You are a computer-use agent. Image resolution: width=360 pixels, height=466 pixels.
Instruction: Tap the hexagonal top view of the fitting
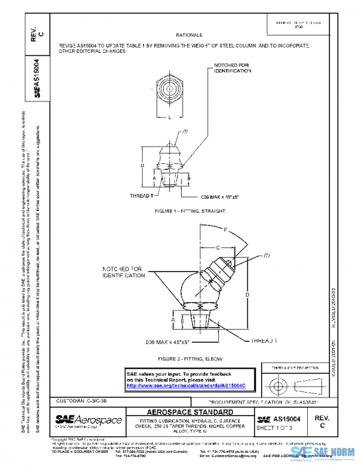click(x=170, y=92)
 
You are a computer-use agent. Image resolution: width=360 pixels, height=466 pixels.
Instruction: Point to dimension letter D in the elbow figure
click(x=247, y=295)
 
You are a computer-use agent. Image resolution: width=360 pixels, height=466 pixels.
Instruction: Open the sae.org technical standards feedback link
click(x=187, y=386)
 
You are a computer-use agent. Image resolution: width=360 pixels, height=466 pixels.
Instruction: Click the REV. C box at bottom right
click(x=322, y=420)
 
